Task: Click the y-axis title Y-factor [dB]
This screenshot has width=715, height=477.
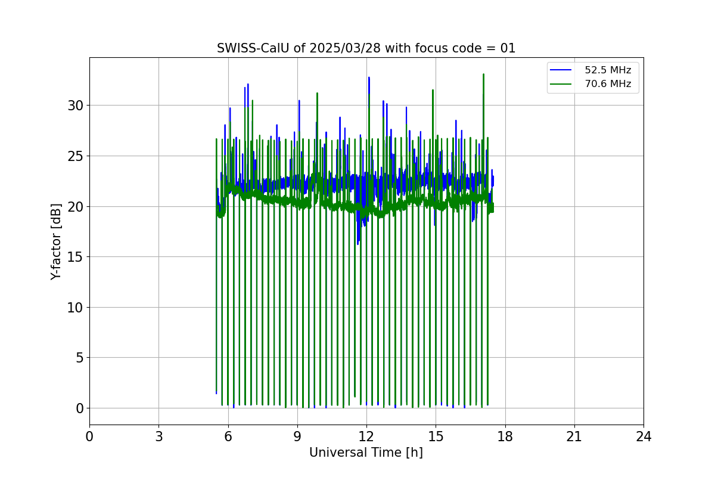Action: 56,241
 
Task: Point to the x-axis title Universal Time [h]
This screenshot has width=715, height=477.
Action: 366,453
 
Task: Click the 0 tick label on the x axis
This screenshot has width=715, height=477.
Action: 89,437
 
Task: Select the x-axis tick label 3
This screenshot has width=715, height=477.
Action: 158,437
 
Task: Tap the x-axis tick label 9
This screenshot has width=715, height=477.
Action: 297,437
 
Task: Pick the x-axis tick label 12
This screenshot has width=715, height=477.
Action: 366,437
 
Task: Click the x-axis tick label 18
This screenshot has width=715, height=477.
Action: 505,437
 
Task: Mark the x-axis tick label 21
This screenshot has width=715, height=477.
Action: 574,437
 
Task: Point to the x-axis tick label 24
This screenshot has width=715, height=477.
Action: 643,437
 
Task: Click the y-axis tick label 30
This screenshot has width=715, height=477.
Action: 74,106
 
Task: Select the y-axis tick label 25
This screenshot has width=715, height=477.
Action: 74,156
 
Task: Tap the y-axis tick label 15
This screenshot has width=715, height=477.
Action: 74,257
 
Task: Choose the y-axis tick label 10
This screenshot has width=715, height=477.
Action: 74,308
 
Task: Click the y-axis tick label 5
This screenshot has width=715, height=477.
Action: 79,358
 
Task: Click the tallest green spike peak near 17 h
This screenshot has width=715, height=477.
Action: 483,75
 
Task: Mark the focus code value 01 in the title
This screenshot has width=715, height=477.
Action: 508,48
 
